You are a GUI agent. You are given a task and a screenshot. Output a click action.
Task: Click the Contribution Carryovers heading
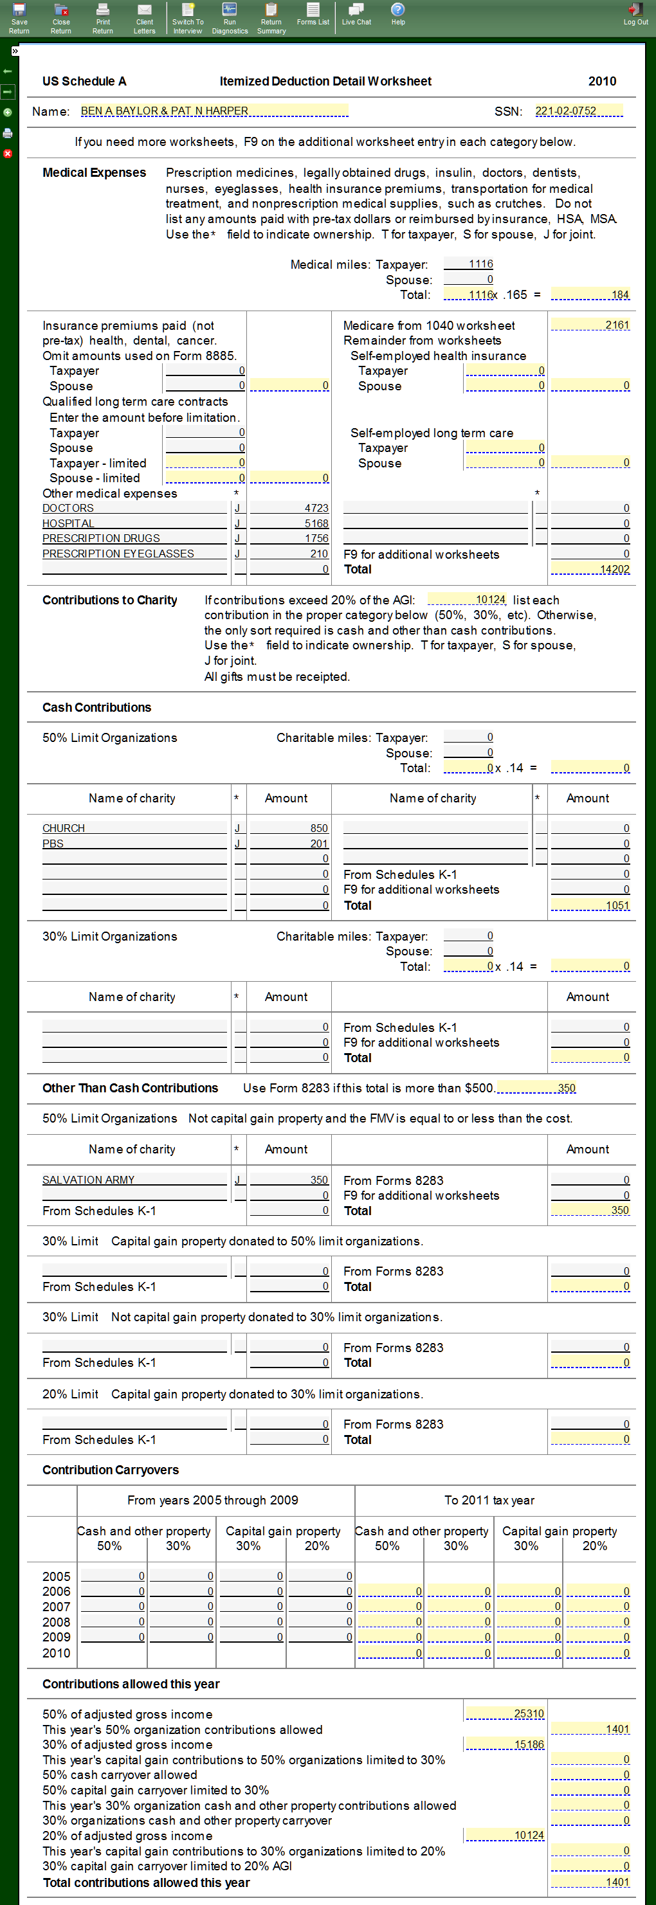[110, 1470]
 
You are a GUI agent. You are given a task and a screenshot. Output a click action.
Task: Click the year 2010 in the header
[602, 82]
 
